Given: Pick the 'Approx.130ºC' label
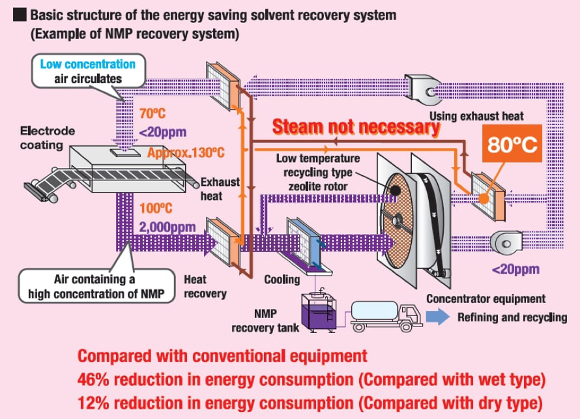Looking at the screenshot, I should point(186,153).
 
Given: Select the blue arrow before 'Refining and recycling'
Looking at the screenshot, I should point(439,317).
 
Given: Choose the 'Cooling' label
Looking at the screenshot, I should point(282,280).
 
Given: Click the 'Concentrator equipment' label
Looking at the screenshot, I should point(486,299).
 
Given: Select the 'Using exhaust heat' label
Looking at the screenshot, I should point(476,117).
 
